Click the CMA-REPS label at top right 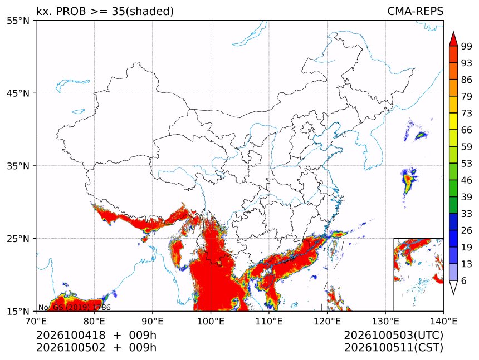tap(415, 11)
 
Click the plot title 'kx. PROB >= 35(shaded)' tap(105, 12)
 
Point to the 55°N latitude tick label tap(18, 21)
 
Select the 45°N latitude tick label tap(18, 93)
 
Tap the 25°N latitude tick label tap(18, 239)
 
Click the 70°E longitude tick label tap(36, 321)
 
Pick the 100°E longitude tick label tap(211, 321)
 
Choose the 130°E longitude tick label tap(385, 321)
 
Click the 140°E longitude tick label tap(443, 321)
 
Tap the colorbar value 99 tap(467, 46)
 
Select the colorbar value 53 tap(467, 164)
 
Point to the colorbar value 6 tap(464, 280)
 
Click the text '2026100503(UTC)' tap(393, 336)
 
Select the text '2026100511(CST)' tap(393, 348)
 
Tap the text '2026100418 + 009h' tap(96, 335)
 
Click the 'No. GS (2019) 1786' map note tap(74, 307)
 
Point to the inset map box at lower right tap(418, 274)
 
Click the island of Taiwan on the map tap(332, 246)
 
